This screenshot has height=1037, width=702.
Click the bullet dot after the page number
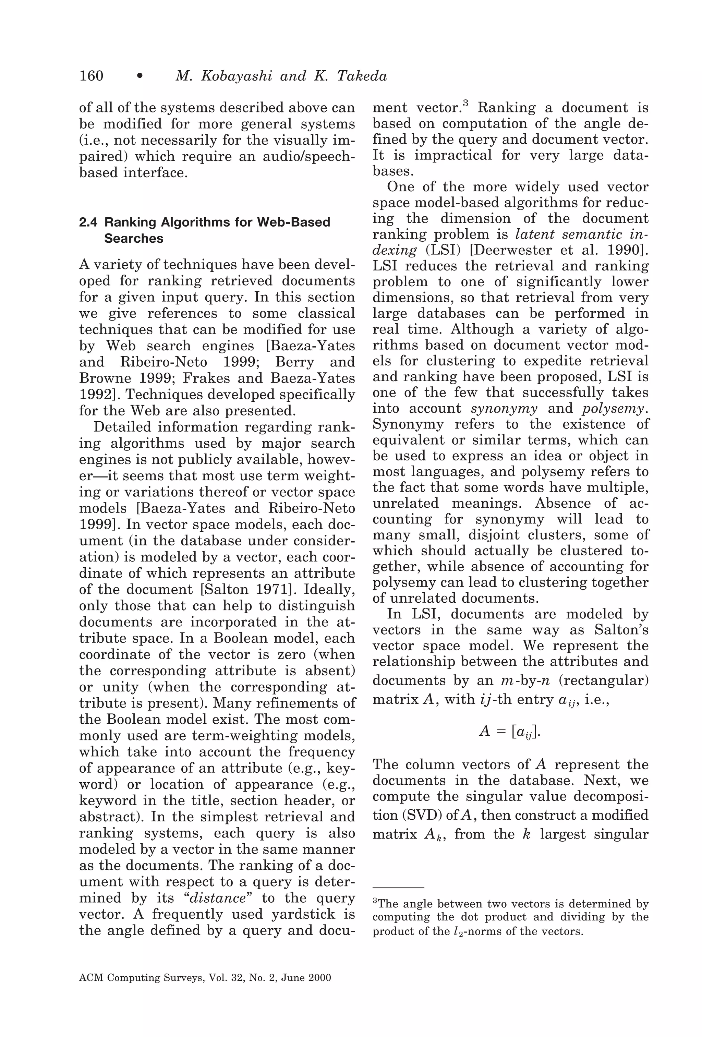tap(140, 77)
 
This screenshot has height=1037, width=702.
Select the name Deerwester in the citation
tap(504, 250)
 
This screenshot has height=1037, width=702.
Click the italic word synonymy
tap(504, 408)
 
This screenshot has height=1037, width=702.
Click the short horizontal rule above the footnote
tap(398, 888)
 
